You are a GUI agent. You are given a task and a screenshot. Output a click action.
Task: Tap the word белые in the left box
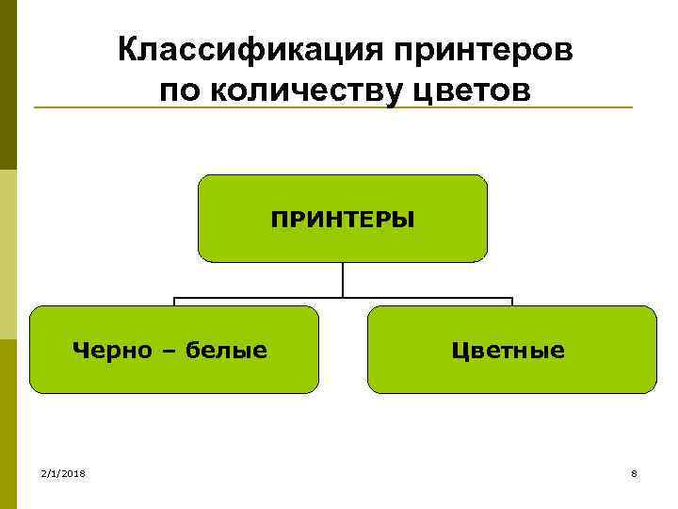(226, 351)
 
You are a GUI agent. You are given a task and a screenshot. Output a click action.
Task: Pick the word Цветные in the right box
(508, 351)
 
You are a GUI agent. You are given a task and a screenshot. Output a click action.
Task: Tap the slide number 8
(635, 472)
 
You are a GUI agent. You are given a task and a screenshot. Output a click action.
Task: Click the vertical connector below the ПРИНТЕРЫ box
(343, 280)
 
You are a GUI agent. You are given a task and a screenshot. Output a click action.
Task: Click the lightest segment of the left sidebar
(8, 254)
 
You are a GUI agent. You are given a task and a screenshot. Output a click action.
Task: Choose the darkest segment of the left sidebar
(8, 85)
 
